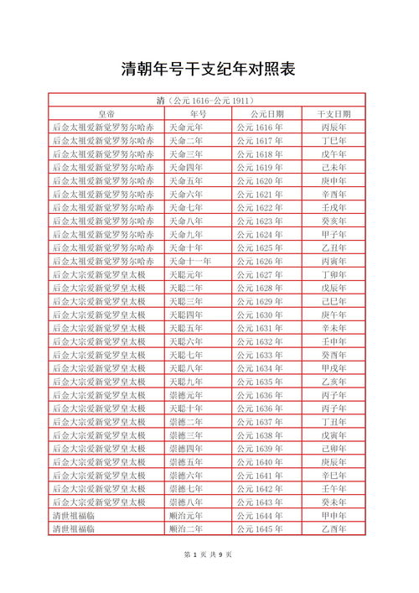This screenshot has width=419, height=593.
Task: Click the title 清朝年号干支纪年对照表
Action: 209,69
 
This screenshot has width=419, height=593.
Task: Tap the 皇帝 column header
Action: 106,114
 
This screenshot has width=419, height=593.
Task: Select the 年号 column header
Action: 198,114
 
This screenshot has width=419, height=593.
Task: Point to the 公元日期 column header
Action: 267,114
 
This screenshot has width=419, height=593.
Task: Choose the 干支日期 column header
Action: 334,114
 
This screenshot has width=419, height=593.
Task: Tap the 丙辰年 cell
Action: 334,127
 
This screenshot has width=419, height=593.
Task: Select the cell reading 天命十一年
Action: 190,261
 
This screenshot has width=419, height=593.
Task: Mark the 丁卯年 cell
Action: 334,274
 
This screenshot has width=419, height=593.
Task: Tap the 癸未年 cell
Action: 334,502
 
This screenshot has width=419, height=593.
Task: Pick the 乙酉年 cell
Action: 334,528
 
